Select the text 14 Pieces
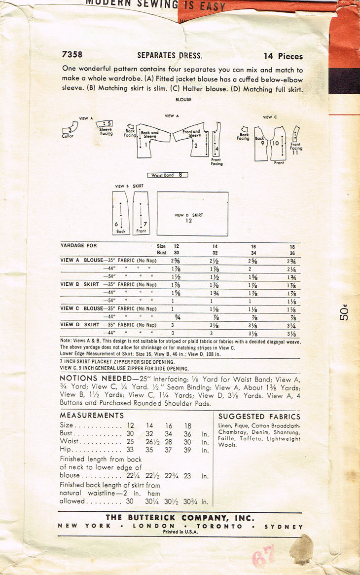(283, 56)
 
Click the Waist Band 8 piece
(168, 175)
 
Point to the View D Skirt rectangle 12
(192, 214)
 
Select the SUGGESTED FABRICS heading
(259, 417)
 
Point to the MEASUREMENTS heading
(92, 416)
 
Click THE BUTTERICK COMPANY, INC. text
(180, 518)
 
